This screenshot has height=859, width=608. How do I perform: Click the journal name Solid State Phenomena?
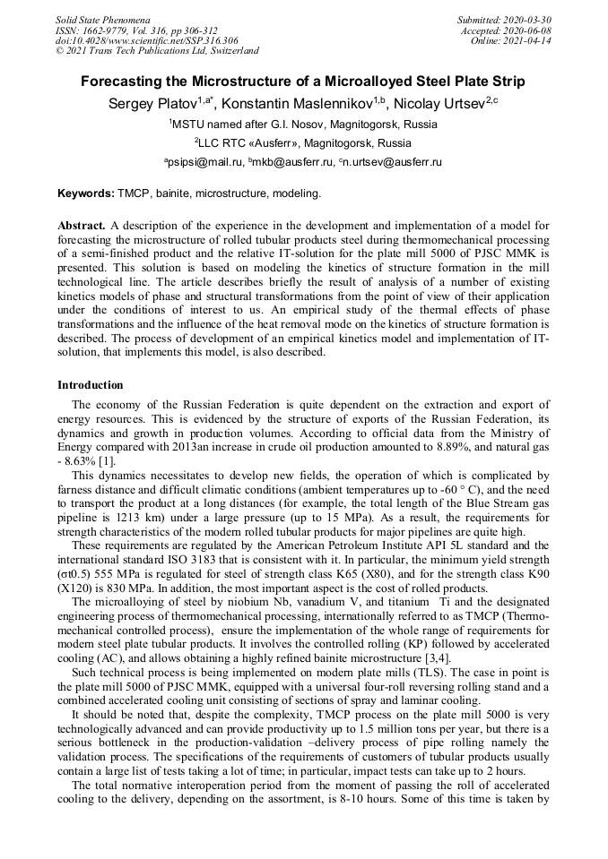[102, 19]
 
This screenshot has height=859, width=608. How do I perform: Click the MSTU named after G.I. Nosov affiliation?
[304, 124]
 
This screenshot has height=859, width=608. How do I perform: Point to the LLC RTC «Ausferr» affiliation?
[304, 142]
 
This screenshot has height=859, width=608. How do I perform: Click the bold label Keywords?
[86, 193]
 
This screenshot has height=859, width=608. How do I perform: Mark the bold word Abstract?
[83, 225]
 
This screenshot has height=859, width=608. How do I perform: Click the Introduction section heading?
[91, 385]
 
